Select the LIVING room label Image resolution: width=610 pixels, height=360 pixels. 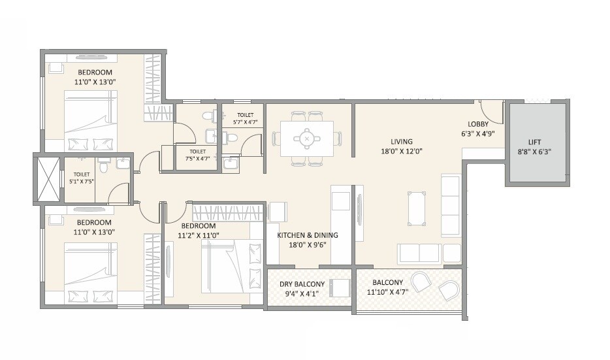(402, 141)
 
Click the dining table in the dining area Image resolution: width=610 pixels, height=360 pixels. (306, 139)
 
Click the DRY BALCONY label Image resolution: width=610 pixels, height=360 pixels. (302, 284)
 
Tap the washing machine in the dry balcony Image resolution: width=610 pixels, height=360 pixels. (340, 289)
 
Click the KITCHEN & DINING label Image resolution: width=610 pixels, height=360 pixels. (308, 235)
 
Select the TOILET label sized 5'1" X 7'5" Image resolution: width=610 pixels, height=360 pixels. (82, 178)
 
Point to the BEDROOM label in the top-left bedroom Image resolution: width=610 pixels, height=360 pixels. (95, 73)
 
